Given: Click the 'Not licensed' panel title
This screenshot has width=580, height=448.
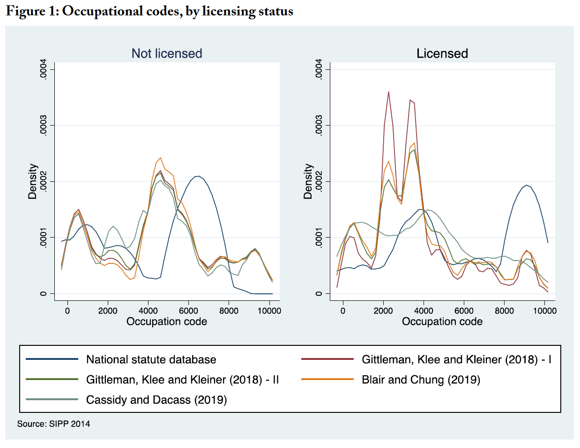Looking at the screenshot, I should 167,53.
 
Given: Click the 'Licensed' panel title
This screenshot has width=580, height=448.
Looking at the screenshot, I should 442,53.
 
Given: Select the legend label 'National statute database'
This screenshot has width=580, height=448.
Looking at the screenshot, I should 151,359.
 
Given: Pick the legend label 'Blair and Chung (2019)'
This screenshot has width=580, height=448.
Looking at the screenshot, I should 421,380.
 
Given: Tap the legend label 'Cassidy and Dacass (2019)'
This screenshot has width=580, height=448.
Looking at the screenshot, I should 156,400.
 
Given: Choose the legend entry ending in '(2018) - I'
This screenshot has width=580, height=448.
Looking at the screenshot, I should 456,359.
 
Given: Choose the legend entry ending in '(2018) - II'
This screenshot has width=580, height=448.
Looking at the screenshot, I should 182,380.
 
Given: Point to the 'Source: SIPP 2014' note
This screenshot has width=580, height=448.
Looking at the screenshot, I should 53,424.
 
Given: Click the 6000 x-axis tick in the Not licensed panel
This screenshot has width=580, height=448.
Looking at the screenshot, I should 188,311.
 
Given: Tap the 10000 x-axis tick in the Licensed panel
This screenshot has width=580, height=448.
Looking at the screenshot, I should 545,311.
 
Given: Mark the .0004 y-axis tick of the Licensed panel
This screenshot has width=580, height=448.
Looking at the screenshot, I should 319,69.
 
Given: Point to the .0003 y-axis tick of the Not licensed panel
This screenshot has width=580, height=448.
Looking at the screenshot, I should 44,126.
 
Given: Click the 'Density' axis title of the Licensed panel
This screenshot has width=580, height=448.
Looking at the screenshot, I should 308,181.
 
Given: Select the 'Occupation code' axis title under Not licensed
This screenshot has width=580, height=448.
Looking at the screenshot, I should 167,321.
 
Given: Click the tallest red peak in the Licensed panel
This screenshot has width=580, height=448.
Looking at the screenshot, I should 388,92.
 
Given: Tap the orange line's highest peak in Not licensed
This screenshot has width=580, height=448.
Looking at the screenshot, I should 160,158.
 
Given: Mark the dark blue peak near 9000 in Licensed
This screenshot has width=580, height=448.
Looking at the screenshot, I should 527,185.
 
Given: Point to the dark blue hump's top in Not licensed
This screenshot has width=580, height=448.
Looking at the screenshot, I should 199,176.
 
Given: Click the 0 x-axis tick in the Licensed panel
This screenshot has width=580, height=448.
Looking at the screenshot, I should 343,311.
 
